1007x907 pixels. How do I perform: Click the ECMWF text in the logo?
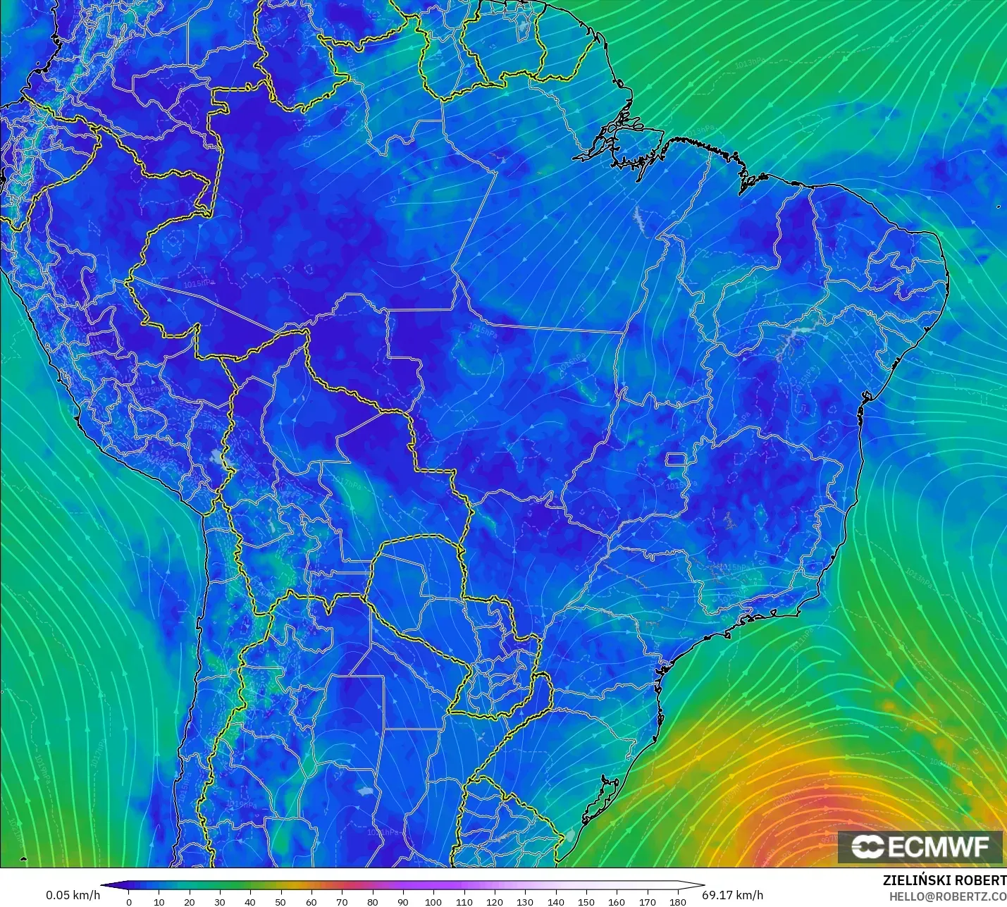click(939, 846)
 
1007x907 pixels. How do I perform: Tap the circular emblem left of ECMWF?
click(867, 846)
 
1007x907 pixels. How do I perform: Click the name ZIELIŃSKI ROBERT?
click(944, 880)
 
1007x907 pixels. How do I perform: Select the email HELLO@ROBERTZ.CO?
click(947, 896)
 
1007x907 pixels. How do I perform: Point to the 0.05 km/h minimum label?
click(73, 895)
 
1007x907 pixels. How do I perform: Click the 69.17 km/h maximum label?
click(732, 895)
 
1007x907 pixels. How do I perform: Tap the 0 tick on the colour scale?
click(128, 901)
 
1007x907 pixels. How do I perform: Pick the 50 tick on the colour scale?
click(281, 901)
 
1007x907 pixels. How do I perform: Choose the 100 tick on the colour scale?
click(433, 901)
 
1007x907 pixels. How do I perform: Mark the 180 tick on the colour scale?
click(678, 901)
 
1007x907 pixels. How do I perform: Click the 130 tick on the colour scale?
click(525, 901)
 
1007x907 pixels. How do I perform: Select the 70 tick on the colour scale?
click(342, 901)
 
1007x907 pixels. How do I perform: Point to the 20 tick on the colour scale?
click(190, 901)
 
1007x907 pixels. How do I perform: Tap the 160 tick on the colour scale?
click(617, 901)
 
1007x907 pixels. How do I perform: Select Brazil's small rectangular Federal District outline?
click(677, 460)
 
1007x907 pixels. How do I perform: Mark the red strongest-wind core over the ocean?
click(810, 817)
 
